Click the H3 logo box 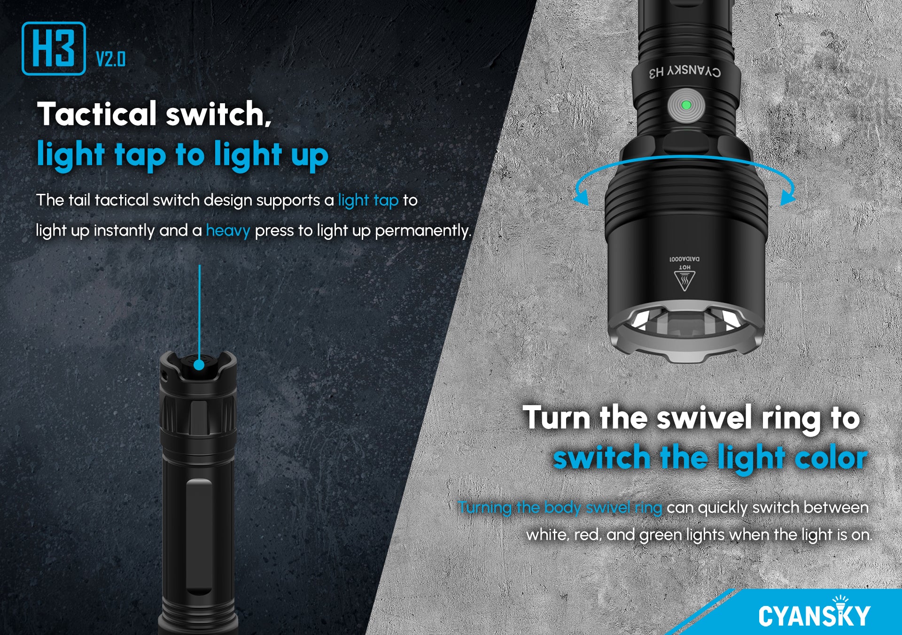coord(54,48)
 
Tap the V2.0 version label coord(111,59)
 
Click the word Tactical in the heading coord(97,114)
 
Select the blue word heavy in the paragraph coord(228,231)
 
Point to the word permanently coord(422,231)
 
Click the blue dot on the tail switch coord(199,365)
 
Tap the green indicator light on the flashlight coord(685,105)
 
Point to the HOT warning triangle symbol coord(684,281)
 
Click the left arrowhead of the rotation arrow coord(582,197)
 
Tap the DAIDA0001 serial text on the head coord(684,259)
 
